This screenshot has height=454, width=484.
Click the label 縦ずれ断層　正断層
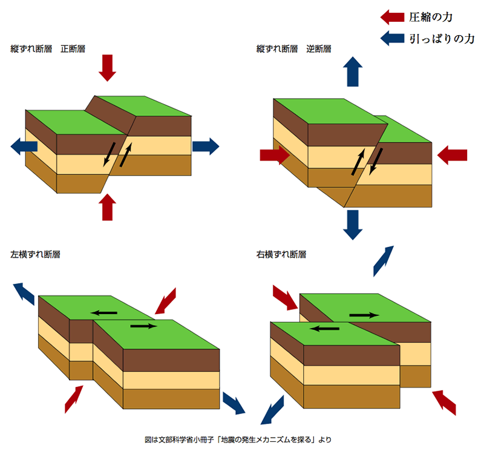click(x=48, y=48)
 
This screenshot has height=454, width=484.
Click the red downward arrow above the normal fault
click(x=108, y=67)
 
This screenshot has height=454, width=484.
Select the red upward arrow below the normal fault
click(x=108, y=207)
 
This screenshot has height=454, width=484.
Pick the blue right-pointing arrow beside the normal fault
click(x=205, y=145)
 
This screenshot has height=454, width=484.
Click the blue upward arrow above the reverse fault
click(x=352, y=71)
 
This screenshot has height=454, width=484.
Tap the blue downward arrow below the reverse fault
click(x=352, y=225)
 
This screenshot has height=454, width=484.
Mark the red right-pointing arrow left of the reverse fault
click(x=275, y=155)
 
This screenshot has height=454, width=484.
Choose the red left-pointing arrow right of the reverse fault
click(x=452, y=155)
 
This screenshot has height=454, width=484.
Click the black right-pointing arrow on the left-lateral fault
click(x=143, y=326)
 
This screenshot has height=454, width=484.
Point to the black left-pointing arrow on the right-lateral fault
click(x=325, y=329)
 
